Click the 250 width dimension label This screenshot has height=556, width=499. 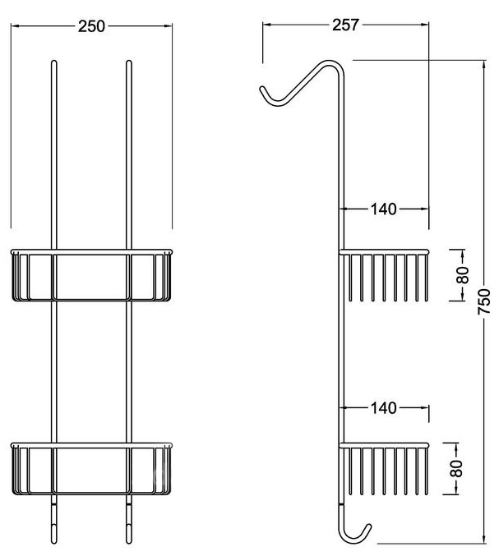coord(91,26)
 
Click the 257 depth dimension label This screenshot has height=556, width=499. coord(345,25)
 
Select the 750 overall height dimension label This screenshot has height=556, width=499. coord(484,301)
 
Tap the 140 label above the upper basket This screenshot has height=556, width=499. coord(384,209)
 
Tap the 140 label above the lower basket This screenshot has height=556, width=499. coord(384,408)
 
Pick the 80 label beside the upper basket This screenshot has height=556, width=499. coord(463,275)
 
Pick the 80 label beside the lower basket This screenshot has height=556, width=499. coord(457,468)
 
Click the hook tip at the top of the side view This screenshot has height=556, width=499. coord(262,89)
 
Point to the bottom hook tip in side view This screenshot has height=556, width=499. coord(369,526)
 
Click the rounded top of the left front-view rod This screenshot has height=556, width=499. coord(54,62)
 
